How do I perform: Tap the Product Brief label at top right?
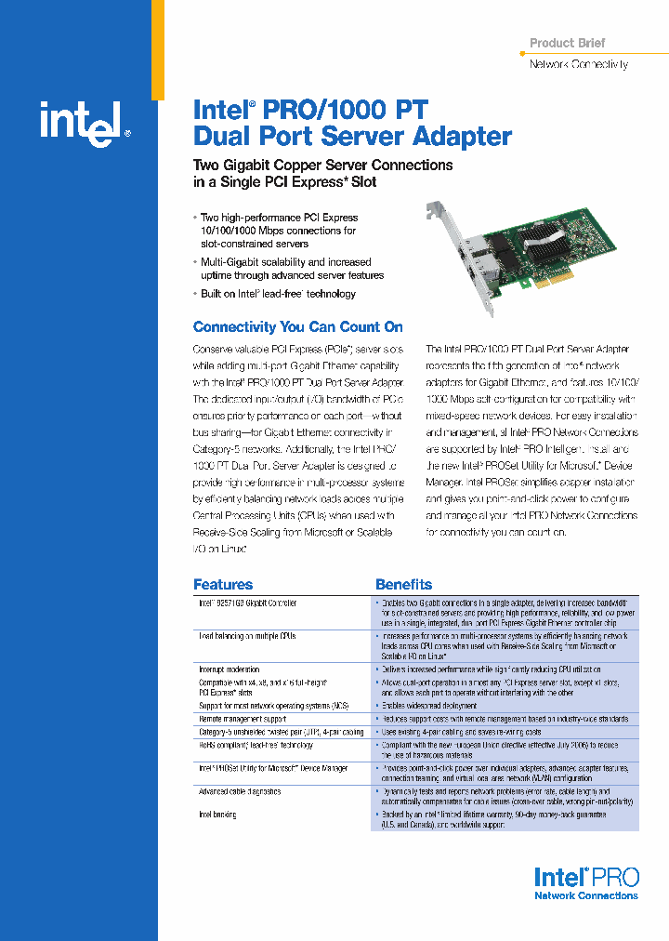pyautogui.click(x=567, y=43)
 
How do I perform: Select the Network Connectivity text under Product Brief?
pyautogui.click(x=578, y=64)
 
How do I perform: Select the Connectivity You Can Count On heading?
pyautogui.click(x=297, y=326)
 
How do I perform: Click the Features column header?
pyautogui.click(x=222, y=584)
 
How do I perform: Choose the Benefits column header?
pyautogui.click(x=403, y=584)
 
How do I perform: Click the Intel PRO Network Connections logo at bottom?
pyautogui.click(x=585, y=882)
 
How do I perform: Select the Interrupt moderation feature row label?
pyautogui.click(x=229, y=669)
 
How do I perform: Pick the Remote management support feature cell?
pyautogui.click(x=243, y=719)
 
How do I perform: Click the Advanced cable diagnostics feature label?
pyautogui.click(x=239, y=791)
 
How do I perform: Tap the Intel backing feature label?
pyautogui.click(x=217, y=815)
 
